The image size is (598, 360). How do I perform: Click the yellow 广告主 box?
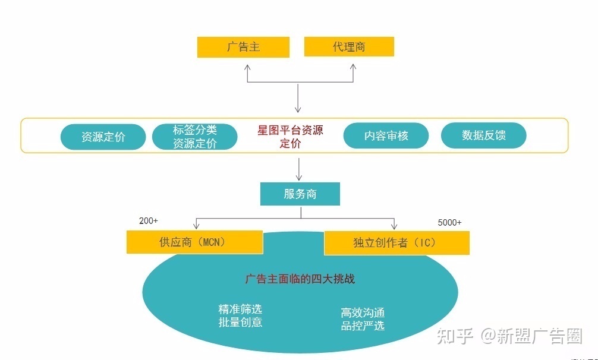(x=243, y=47)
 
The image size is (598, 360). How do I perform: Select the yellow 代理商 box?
(x=349, y=47)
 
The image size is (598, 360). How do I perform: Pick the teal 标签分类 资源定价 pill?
(x=195, y=137)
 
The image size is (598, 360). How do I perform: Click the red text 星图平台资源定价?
(x=290, y=137)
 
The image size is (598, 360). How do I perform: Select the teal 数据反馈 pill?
(x=483, y=135)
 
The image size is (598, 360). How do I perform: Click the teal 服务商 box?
(x=300, y=194)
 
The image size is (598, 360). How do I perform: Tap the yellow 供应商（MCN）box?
(x=194, y=242)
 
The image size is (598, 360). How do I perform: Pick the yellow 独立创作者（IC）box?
(x=396, y=242)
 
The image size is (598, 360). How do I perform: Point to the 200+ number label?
(x=149, y=221)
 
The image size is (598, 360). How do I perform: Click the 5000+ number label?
(x=449, y=223)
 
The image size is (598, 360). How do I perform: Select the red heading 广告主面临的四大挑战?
(x=300, y=279)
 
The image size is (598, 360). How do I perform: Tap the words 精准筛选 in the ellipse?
(x=240, y=310)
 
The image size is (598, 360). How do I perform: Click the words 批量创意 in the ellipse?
(x=240, y=323)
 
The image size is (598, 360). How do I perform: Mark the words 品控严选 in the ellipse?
(x=363, y=326)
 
